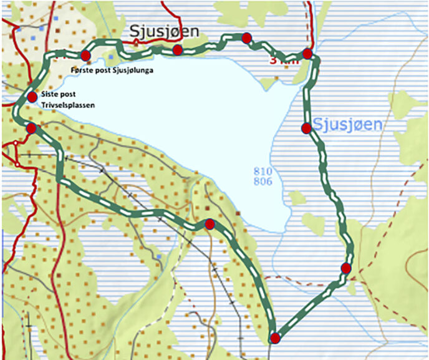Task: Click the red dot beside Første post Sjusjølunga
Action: point(85,56)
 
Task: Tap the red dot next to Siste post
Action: point(32,97)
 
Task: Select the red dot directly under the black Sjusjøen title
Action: point(177,49)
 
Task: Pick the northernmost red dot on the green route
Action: point(246,38)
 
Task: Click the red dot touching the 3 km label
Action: point(307,53)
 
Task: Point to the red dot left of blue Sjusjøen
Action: point(306,129)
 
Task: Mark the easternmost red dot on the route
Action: point(345,268)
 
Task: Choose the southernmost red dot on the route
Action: point(274,338)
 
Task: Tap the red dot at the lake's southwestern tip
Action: point(210,224)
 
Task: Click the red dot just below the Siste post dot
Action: point(31,129)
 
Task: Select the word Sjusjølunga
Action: point(132,71)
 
